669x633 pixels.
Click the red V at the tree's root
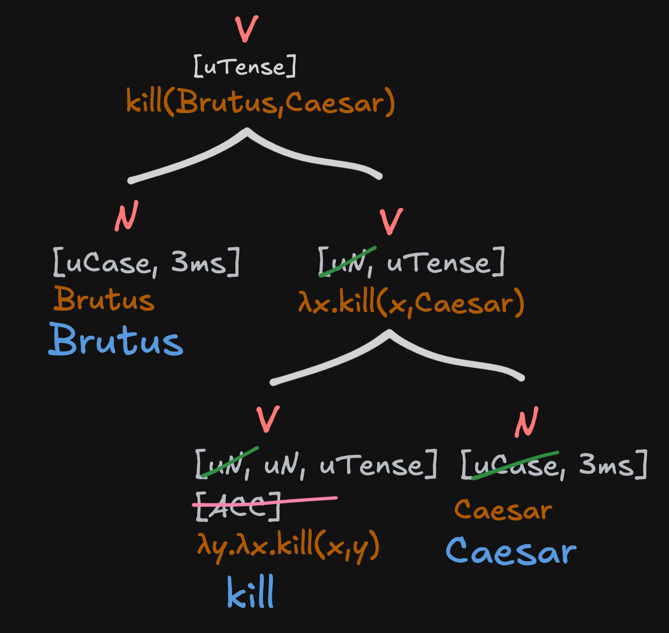[x=246, y=29]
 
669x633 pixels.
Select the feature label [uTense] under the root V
[x=245, y=66]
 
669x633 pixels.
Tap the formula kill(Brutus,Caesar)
[x=261, y=102]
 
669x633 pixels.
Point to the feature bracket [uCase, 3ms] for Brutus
[x=146, y=262]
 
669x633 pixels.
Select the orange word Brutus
[x=104, y=299]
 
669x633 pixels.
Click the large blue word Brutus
[x=116, y=340]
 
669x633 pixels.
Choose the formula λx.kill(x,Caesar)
[x=411, y=302]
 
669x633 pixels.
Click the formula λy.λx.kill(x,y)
[x=288, y=547]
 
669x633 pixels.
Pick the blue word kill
[x=251, y=593]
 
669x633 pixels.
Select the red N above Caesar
[x=527, y=422]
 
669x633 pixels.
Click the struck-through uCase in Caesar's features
[x=515, y=465]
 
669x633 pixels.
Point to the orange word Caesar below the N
[x=503, y=510]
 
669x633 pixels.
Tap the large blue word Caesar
[x=511, y=551]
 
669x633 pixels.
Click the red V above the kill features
[x=268, y=419]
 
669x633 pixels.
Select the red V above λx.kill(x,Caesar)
[x=391, y=222]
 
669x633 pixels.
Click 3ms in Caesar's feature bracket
[x=607, y=465]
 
